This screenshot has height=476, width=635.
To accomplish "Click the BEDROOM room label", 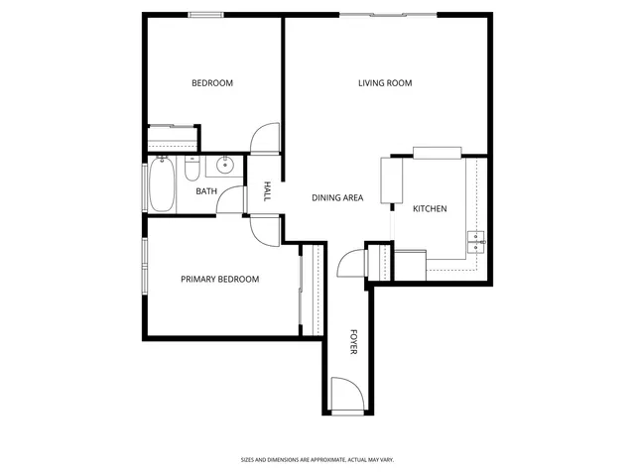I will [212, 83].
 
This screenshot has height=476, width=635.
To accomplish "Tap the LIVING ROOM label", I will [385, 83].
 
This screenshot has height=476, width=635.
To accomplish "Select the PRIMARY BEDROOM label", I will [219, 280].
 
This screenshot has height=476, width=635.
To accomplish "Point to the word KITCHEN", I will [430, 209].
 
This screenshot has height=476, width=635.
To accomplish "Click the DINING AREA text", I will [337, 198].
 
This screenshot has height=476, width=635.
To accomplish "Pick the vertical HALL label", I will [267, 191].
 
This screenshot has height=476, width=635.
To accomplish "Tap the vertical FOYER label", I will [353, 342].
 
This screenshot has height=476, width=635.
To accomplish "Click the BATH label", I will [206, 191].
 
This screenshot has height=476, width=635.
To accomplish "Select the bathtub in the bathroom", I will [162, 185].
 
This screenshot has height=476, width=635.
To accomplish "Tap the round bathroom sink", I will [225, 166].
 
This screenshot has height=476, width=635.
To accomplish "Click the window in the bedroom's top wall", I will [205, 14].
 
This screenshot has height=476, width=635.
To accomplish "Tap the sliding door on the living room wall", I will [388, 14].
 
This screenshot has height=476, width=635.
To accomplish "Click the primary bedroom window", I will [145, 267].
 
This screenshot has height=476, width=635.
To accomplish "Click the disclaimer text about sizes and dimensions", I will [317, 459].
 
